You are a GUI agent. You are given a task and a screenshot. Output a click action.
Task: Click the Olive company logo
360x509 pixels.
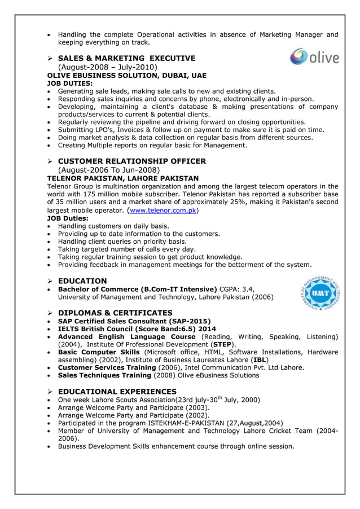point(314,57)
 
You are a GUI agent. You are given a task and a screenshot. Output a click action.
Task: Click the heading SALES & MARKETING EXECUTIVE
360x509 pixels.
point(126,58)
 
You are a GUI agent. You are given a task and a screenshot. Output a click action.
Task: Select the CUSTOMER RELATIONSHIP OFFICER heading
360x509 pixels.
point(131,161)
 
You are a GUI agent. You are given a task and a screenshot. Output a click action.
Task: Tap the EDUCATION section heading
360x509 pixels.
point(82,280)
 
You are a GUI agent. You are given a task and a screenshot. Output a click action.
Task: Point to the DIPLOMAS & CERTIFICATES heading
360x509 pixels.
point(115,313)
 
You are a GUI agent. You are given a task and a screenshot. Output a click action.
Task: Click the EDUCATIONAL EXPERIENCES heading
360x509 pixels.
point(117,391)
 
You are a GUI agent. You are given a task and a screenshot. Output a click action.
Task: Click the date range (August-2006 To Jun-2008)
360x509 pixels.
point(109,170)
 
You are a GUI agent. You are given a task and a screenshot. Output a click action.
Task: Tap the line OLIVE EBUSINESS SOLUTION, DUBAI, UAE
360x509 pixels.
point(126,75)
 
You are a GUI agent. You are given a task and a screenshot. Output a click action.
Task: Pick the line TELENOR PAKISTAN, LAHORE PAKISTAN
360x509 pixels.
point(122,178)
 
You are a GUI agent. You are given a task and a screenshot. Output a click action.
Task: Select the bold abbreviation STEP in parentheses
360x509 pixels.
point(222,344)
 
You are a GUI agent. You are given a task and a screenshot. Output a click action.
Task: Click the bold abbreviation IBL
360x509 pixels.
point(260,359)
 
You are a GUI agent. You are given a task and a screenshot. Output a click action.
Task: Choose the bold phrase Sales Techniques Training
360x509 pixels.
point(106,375)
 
